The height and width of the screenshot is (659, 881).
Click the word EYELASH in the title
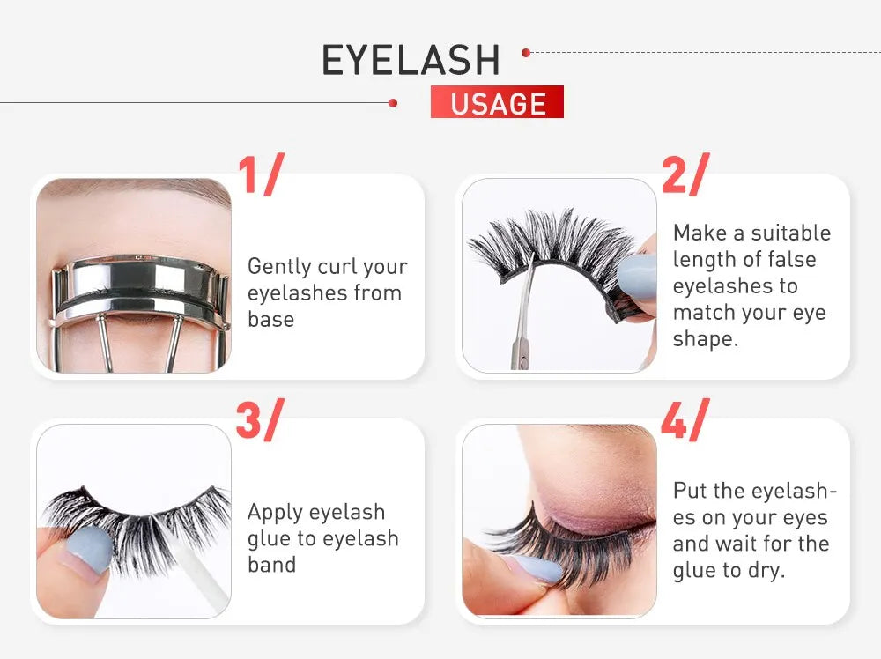click(411, 60)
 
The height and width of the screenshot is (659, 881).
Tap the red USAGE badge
click(497, 101)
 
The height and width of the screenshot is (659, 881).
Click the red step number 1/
click(261, 174)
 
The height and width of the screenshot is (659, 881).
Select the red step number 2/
click(685, 174)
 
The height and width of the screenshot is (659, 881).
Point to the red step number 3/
click(260, 419)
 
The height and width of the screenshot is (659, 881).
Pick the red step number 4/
click(685, 419)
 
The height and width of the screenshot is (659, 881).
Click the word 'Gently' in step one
click(279, 267)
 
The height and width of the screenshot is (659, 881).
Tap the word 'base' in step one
click(270, 320)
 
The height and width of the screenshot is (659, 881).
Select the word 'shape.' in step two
click(705, 339)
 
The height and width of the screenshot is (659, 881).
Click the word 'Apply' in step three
click(275, 514)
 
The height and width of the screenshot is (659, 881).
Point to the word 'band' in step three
click(272, 565)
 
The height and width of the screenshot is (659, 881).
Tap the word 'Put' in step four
click(691, 491)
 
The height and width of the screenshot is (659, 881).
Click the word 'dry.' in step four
click(766, 571)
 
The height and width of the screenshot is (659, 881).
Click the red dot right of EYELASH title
click(526, 53)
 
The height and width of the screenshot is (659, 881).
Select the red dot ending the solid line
click(393, 103)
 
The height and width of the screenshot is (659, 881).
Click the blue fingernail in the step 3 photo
click(91, 551)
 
